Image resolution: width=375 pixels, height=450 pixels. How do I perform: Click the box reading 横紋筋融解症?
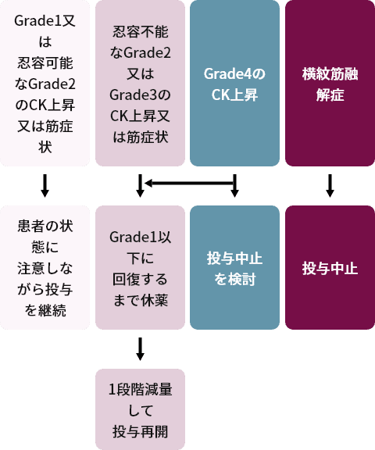(x=330, y=84)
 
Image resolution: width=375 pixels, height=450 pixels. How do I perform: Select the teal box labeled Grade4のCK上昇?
(x=234, y=84)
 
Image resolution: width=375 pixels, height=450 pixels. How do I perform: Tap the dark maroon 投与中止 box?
(x=330, y=267)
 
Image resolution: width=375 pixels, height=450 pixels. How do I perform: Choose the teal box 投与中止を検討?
(x=234, y=267)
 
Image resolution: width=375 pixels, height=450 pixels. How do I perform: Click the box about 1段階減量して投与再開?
(x=140, y=409)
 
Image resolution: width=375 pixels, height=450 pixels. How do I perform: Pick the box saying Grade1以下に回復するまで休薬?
(x=140, y=267)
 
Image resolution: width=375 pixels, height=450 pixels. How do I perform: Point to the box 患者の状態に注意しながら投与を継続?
(x=45, y=267)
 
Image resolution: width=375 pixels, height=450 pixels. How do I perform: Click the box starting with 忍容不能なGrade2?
(x=140, y=84)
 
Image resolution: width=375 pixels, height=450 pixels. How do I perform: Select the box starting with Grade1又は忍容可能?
(x=45, y=84)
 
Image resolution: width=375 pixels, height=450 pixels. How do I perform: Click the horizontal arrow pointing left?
(x=190, y=183)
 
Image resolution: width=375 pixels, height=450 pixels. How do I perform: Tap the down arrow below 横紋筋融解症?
(x=330, y=186)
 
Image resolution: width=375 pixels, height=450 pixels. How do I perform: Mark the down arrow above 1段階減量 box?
(x=140, y=349)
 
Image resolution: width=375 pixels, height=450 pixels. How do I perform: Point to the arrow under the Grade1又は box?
(x=45, y=186)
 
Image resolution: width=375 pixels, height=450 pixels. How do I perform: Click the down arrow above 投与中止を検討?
(x=234, y=186)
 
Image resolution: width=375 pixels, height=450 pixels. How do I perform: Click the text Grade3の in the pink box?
(x=140, y=95)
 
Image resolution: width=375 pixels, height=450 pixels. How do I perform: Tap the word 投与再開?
(x=140, y=431)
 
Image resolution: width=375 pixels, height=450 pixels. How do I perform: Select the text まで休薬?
(x=140, y=301)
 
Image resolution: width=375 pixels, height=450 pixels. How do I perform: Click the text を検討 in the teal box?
(x=234, y=279)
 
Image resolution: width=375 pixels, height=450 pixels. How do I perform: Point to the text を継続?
(x=45, y=310)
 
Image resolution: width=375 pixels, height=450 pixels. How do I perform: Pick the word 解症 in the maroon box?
(x=330, y=95)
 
